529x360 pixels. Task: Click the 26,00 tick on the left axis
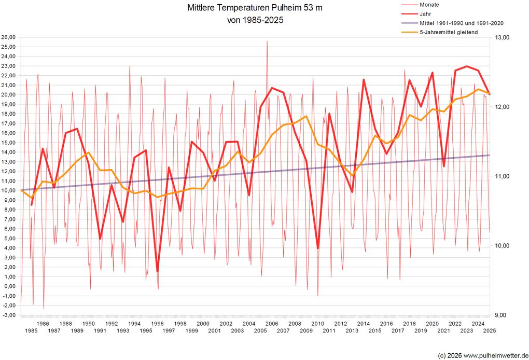click(8, 37)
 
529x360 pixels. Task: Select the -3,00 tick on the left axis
click(8, 315)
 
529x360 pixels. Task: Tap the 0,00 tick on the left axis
click(9, 286)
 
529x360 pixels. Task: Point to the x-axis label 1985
click(31, 331)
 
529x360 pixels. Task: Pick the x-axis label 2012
click(340, 324)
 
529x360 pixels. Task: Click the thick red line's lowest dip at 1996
click(157, 271)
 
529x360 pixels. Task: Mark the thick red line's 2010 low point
click(318, 248)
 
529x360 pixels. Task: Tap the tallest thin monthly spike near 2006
click(267, 41)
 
